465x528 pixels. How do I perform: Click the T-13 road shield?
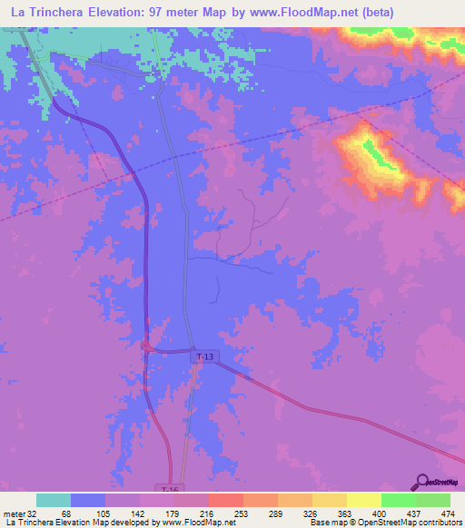point(207,357)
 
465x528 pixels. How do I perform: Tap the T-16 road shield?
point(163,488)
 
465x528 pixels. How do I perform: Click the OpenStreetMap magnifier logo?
point(421,481)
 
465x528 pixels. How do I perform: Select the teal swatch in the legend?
point(54,500)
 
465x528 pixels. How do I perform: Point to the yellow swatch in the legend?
point(363,500)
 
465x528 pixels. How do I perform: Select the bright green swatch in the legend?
point(398,500)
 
